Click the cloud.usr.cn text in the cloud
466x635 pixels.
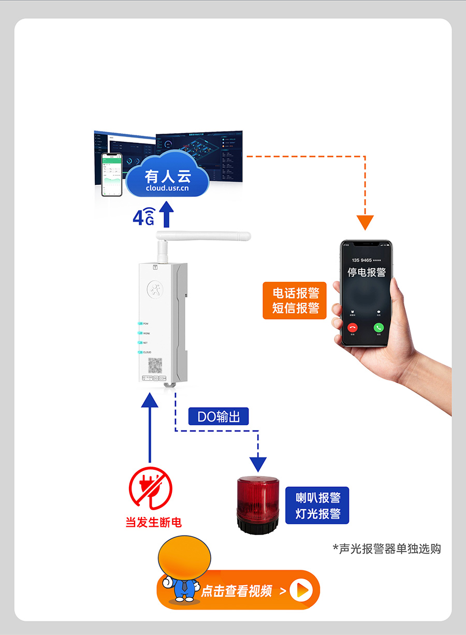167,188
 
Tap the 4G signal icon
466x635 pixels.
144,217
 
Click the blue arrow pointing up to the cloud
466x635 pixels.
166,214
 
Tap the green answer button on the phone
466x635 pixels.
379,327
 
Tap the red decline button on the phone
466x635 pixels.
353,327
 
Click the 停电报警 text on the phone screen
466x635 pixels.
366,272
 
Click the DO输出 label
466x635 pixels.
219,416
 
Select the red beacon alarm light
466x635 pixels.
258,505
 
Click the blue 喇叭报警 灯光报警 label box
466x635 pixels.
317,506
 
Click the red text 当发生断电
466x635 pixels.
153,522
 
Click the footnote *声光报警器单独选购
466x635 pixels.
387,549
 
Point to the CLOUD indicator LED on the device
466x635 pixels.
139,352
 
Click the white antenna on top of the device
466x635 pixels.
202,237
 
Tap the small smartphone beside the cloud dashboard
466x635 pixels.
111,175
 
